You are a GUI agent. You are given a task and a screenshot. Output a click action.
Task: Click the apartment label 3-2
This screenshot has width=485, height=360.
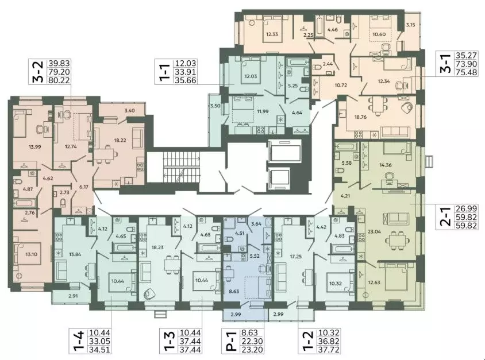38,72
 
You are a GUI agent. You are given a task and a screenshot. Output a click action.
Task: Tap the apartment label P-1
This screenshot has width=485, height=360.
230,341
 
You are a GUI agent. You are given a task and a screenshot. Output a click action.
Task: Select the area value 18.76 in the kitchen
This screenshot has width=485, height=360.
360,117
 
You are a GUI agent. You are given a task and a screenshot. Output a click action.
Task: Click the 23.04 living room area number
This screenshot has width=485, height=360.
374,231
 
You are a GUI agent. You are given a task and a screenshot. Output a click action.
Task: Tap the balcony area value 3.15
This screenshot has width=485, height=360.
410,25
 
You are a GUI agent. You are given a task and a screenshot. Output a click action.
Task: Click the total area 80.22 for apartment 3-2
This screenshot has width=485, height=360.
58,80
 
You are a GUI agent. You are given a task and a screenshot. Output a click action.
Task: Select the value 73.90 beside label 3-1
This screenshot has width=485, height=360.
467,64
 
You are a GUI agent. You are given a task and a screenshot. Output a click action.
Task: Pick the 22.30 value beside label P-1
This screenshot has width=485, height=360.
253,341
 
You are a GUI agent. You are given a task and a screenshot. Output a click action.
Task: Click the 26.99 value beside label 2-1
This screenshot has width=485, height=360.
467,208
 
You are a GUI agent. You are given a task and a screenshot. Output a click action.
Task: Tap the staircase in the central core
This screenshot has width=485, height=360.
182,167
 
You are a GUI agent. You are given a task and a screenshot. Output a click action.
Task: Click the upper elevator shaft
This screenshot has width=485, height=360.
284,150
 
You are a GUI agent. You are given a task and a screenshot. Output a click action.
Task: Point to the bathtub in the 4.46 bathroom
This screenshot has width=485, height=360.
319,26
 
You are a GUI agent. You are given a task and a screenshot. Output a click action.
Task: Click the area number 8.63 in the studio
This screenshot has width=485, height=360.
234,291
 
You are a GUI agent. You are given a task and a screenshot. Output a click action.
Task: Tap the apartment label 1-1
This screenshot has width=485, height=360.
165,72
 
